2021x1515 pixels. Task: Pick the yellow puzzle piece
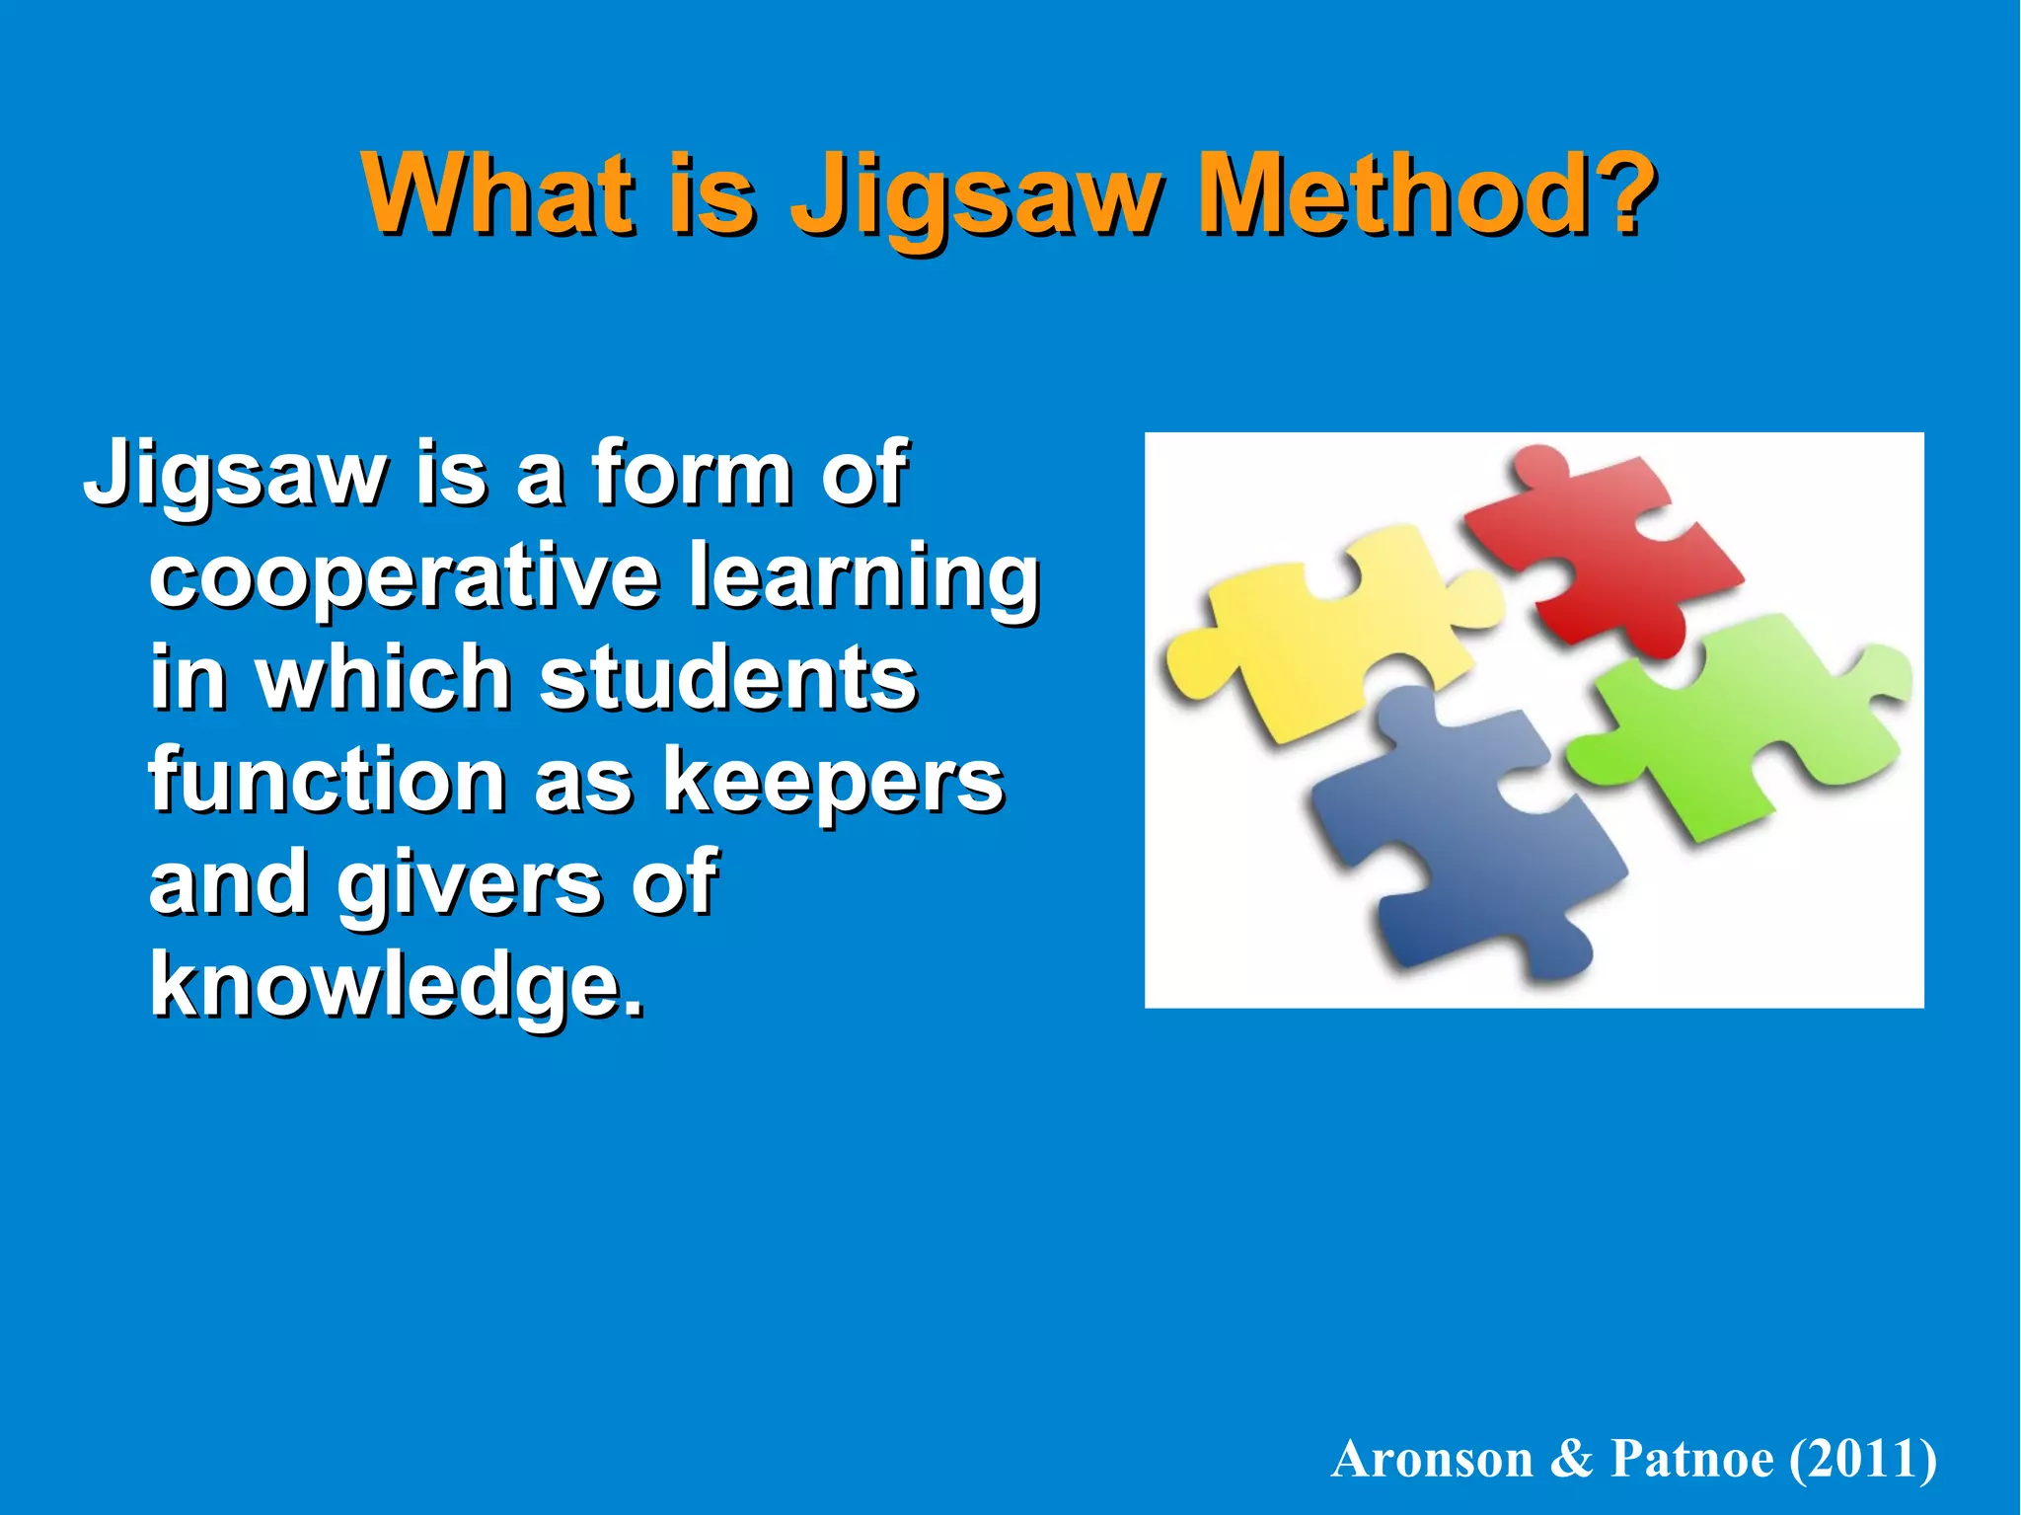[x=1322, y=642]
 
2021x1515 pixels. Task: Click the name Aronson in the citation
[x=1432, y=1459]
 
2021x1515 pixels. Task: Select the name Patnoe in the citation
[x=1691, y=1459]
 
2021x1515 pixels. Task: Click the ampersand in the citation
[x=1572, y=1459]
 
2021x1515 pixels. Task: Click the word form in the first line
[x=692, y=475]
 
